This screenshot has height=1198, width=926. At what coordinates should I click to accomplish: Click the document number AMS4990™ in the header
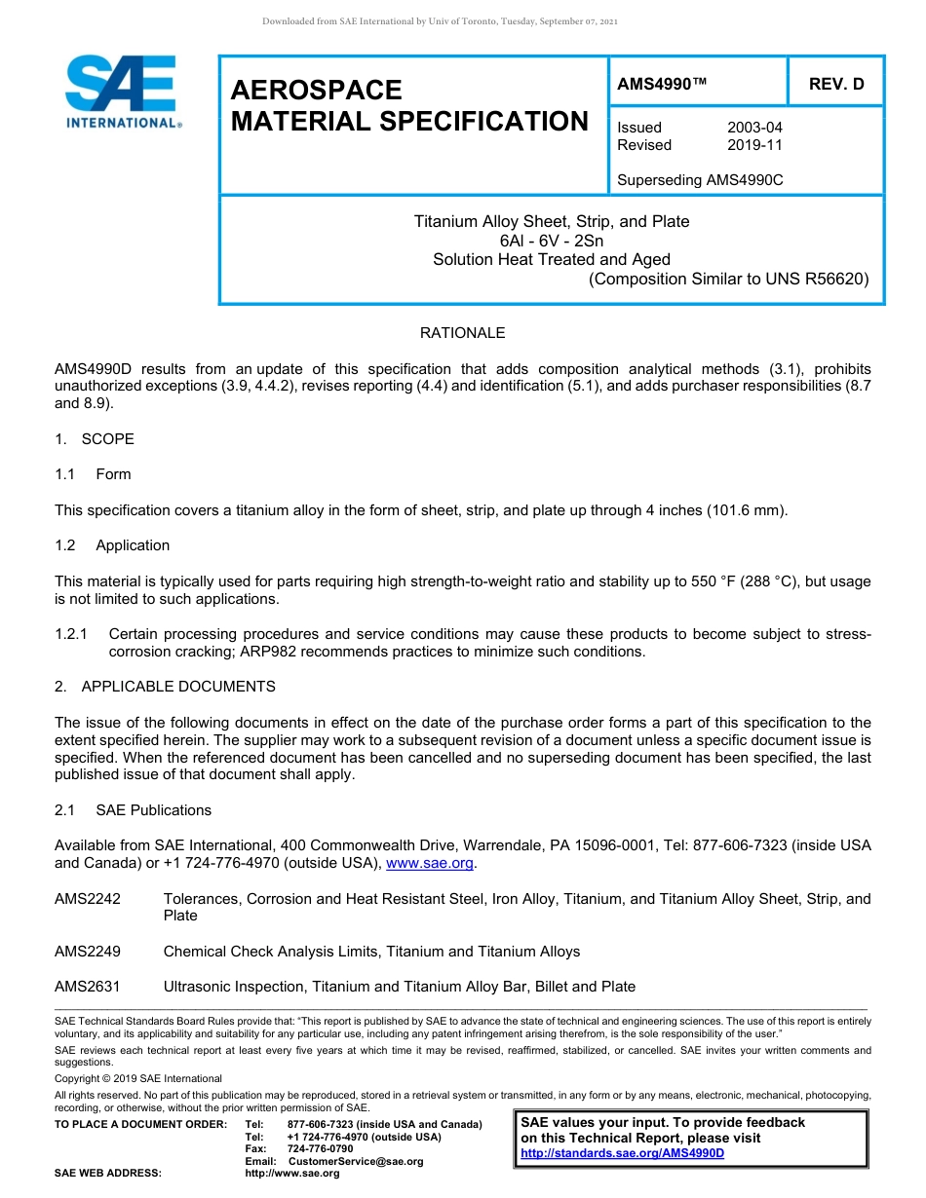[x=661, y=85]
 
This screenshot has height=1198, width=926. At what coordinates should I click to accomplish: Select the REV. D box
[x=835, y=85]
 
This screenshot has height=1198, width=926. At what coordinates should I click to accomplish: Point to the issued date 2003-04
[x=754, y=128]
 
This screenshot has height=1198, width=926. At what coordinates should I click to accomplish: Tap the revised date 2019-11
[x=754, y=145]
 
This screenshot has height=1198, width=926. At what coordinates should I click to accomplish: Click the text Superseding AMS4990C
[x=700, y=180]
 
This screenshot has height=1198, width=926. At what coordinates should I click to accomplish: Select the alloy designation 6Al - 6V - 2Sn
[x=552, y=241]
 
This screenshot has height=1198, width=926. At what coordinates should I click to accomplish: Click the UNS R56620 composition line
[x=728, y=280]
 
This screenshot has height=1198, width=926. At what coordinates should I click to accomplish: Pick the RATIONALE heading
[x=462, y=333]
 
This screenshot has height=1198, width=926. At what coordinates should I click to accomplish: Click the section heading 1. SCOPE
[x=95, y=439]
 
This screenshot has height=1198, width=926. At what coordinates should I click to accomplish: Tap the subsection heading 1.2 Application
[x=112, y=545]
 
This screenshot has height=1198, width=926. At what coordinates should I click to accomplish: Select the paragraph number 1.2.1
[x=72, y=634]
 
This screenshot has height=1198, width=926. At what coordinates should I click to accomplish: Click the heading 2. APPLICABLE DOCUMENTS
[x=165, y=687]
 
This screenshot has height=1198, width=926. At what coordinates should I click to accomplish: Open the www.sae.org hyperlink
[x=430, y=863]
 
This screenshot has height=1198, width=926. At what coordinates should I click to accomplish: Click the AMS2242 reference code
[x=88, y=899]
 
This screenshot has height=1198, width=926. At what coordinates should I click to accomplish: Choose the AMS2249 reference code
[x=88, y=952]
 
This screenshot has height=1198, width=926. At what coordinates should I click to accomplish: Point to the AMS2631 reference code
[x=88, y=987]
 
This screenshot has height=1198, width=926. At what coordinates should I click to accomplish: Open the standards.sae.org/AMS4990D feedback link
[x=623, y=1153]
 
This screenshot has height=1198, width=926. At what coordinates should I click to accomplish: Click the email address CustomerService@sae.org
[x=356, y=1161]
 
